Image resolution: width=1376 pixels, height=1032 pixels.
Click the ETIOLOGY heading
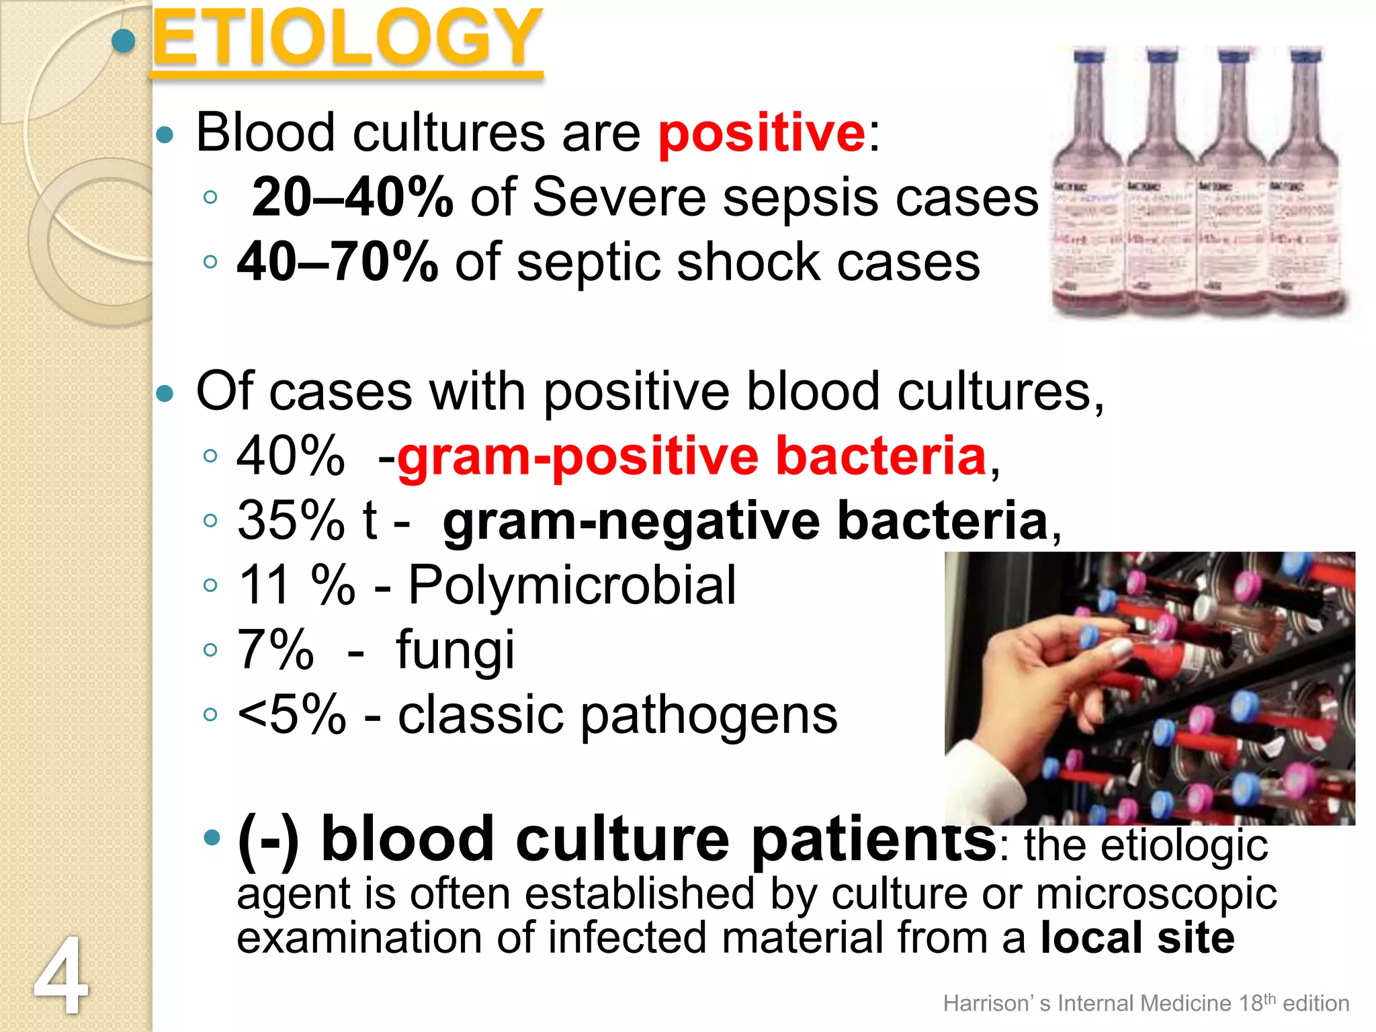point(347,39)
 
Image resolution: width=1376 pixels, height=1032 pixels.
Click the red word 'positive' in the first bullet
point(761,133)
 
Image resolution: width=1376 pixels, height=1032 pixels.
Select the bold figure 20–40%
point(352,198)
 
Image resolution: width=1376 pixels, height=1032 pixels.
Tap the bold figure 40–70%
point(338,262)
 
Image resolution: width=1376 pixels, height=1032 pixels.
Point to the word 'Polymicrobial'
point(572,585)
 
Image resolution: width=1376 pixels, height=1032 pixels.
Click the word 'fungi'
point(455,650)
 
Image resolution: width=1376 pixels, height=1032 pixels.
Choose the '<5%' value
point(292,714)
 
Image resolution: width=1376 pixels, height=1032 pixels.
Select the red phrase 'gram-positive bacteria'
point(692,456)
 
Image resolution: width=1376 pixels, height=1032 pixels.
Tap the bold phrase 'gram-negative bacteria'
point(746,521)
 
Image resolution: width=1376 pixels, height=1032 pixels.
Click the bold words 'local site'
point(1137,938)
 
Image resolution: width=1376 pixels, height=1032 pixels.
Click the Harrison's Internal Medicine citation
point(1146,1003)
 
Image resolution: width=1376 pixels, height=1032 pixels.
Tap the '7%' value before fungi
point(275,650)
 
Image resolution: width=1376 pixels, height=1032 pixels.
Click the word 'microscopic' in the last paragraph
point(1156,894)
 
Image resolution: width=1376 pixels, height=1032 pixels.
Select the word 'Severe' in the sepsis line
point(619,198)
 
